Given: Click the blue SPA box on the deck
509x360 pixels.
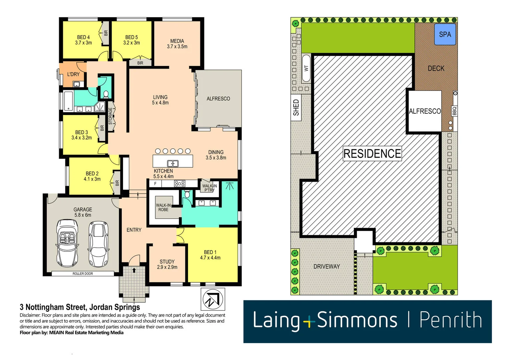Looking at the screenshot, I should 445,34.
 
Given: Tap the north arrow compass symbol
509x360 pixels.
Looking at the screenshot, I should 213,299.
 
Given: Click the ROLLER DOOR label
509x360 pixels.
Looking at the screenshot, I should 83,274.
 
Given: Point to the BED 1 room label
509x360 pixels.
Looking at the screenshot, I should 210,255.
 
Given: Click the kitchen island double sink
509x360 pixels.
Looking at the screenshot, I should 173,163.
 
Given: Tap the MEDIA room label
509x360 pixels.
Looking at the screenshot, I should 177,44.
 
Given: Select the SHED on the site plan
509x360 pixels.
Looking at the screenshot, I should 296,107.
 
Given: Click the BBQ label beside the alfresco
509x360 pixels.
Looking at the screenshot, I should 454,111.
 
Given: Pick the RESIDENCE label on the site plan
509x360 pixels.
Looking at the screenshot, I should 372,154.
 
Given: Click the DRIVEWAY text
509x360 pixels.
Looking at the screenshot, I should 327,266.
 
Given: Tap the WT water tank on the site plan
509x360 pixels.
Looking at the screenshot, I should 306,68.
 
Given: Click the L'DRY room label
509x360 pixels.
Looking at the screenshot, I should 73,74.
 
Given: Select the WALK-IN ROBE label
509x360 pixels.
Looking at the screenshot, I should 163,207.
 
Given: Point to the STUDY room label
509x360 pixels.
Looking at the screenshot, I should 167,264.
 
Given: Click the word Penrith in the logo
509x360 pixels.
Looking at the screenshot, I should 450,320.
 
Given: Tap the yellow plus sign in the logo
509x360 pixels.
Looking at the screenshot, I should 309,322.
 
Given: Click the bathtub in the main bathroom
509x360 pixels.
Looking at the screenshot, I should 68,101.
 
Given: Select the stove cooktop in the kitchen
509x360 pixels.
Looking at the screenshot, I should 180,183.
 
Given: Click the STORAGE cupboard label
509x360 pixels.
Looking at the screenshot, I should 110,116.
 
